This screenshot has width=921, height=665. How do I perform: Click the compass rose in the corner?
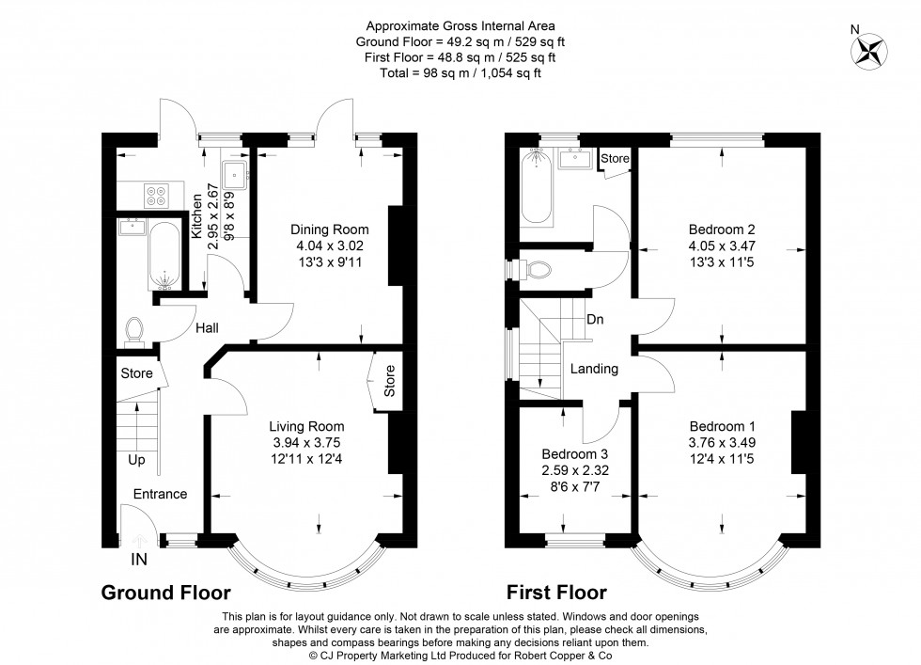pyautogui.click(x=870, y=51)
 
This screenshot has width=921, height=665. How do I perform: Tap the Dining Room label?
pyautogui.click(x=329, y=230)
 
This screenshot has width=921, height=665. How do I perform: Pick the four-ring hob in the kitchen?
pyautogui.click(x=154, y=194)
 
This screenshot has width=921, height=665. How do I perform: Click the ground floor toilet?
pyautogui.click(x=134, y=328)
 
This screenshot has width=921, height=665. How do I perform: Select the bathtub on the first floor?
pyautogui.click(x=539, y=187)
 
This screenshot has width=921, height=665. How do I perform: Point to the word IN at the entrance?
pyautogui.click(x=139, y=560)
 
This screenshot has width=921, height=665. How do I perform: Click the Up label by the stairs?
pyautogui.click(x=137, y=461)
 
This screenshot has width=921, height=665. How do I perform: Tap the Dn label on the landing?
pyautogui.click(x=595, y=319)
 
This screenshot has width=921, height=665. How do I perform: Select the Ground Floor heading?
pyautogui.click(x=165, y=593)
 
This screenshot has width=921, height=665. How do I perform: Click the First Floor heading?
pyautogui.click(x=556, y=593)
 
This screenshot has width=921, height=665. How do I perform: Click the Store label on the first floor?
pyautogui.click(x=615, y=158)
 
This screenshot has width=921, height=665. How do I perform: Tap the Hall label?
pyautogui.click(x=207, y=328)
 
